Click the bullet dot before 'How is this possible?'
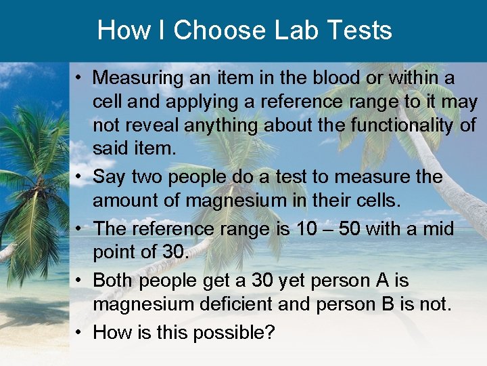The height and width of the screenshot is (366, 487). [x=80, y=332]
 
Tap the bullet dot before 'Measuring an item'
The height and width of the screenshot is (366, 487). [x=80, y=78]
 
